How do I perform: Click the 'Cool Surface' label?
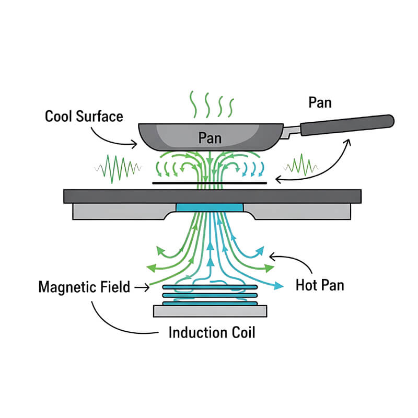pos(84,116)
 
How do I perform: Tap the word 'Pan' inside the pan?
pos(210,138)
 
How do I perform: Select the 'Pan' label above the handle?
pos(320,103)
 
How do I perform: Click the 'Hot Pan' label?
pos(319,285)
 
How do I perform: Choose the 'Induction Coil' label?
pos(212,332)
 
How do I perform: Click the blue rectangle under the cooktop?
pos(209,207)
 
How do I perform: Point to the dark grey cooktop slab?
pos(212,196)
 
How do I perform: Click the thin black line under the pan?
pos(209,183)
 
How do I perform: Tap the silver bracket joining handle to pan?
pos(289,132)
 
